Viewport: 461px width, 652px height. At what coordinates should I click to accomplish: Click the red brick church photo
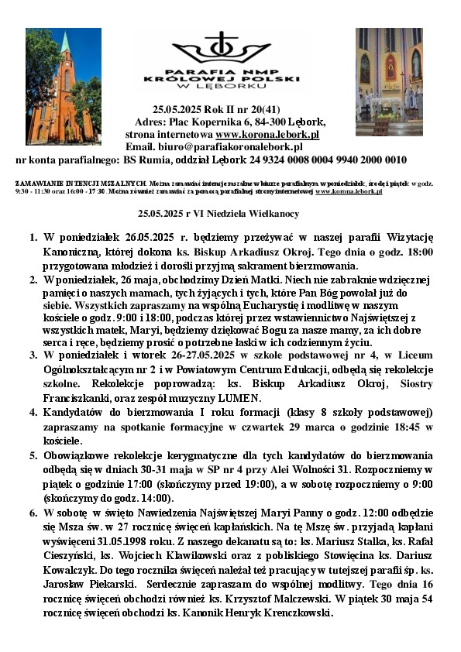(63, 86)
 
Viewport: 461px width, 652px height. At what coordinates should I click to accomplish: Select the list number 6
(33, 513)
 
